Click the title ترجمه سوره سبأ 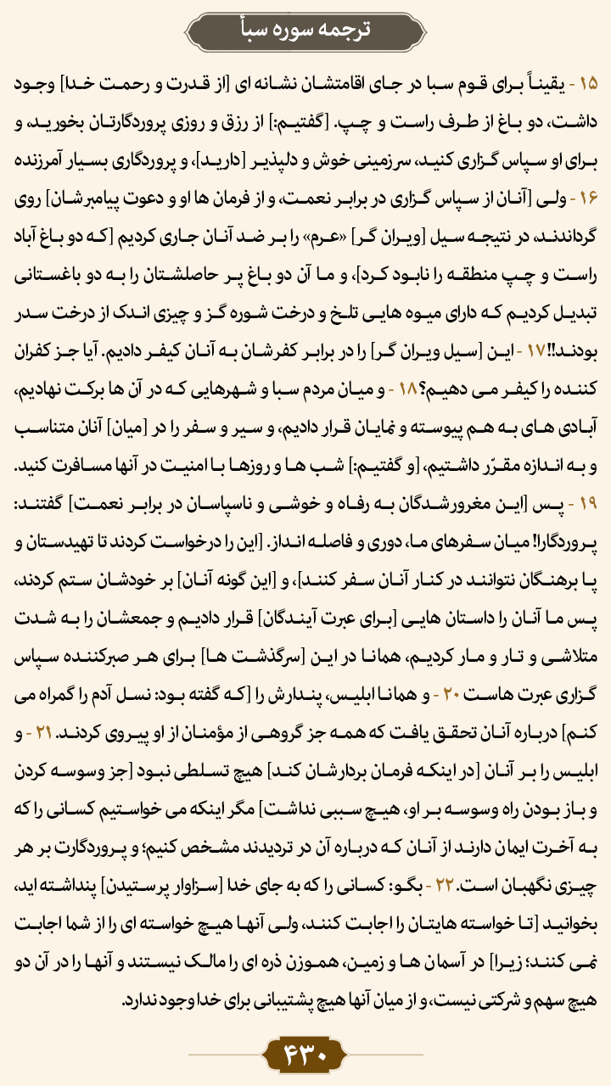tap(305, 29)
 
